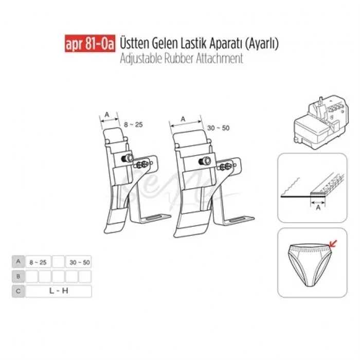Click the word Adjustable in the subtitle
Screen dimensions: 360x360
pos(138,58)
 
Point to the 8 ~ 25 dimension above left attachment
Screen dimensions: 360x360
pos(133,124)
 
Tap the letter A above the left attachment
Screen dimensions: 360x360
pos(107,114)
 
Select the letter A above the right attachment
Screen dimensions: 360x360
pos(183,118)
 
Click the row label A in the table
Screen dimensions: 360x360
pos(18,262)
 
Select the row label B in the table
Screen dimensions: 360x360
pos(18,277)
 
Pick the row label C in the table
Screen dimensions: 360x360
pos(18,292)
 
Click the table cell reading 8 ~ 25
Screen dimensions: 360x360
pos(38,262)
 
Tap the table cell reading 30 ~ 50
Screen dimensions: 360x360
pos(79,262)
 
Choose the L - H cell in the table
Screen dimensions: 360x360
pos(58,292)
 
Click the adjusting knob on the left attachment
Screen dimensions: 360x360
pos(130,157)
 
